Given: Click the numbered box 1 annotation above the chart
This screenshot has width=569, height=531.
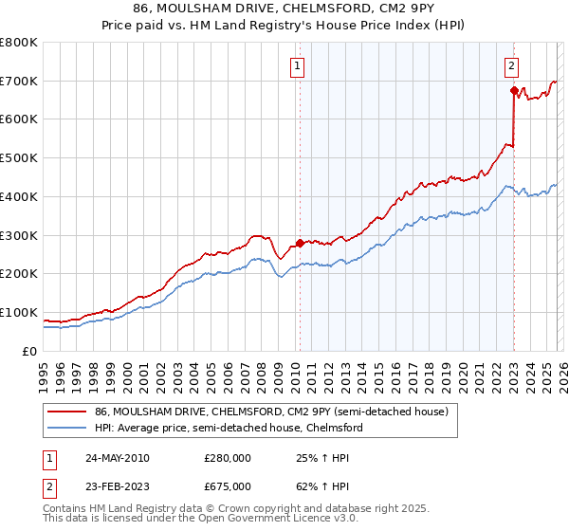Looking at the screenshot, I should pos(298,66).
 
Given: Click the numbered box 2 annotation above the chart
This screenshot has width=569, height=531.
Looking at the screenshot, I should pos(511,66).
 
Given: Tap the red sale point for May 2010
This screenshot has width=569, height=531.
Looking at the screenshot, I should pos(301,243).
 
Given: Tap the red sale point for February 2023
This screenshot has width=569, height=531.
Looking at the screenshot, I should pos(514,91).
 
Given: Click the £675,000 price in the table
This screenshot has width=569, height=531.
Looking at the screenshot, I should pos(228,485).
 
